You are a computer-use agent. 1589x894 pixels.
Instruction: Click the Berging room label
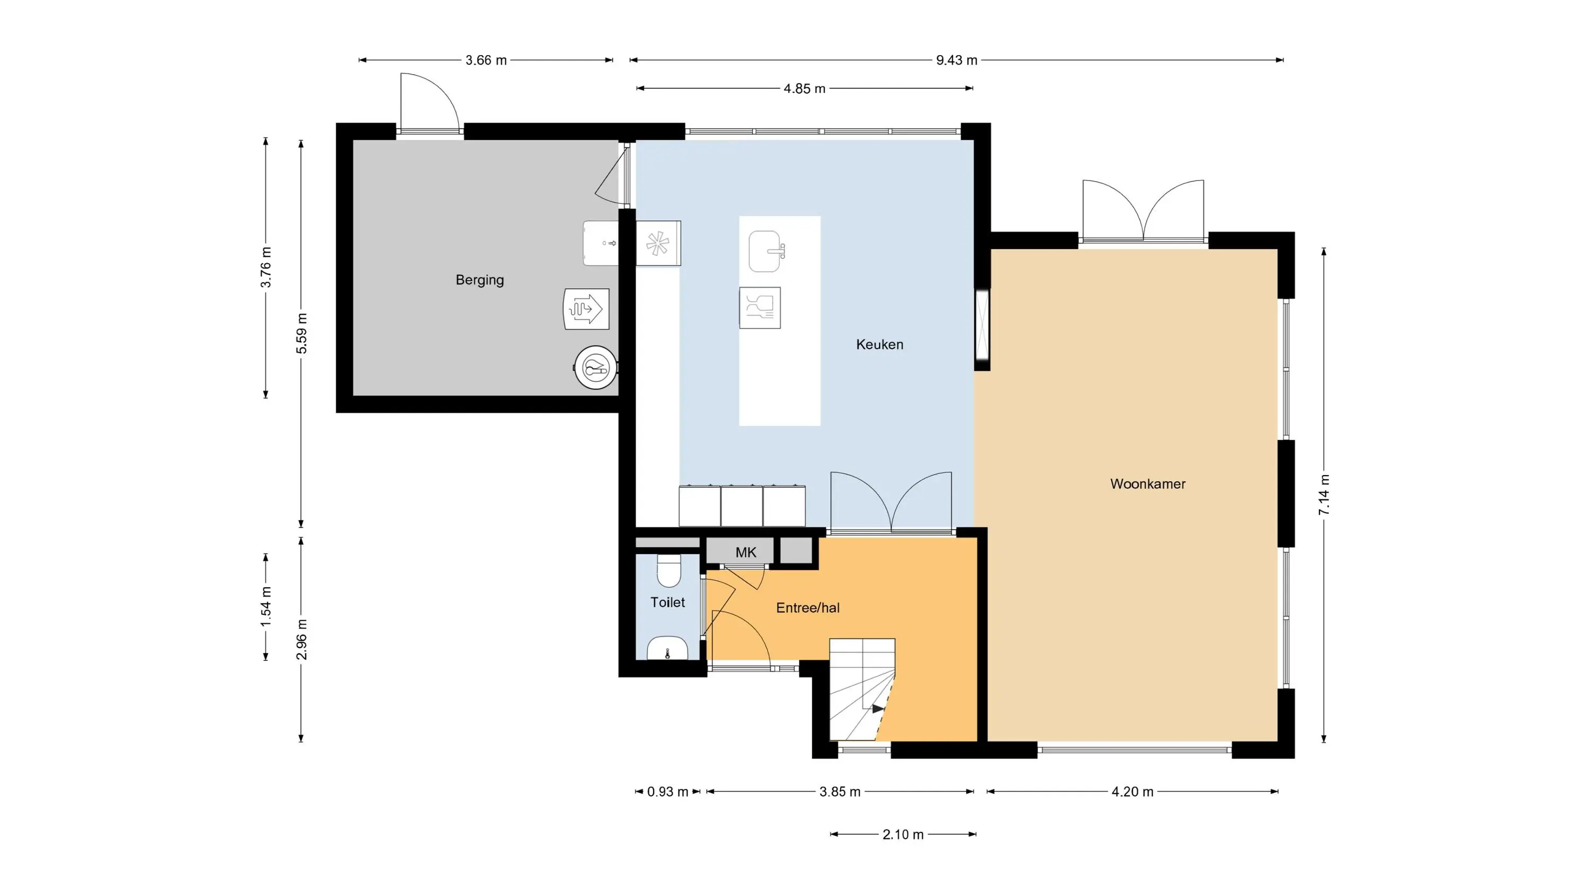(479, 280)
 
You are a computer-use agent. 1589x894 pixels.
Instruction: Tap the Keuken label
(880, 344)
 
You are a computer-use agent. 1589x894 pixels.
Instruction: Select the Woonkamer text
(1147, 484)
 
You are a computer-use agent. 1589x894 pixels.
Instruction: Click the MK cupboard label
(746, 552)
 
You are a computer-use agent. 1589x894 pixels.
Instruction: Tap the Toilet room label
(667, 602)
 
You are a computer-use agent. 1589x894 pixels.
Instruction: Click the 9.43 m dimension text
(957, 60)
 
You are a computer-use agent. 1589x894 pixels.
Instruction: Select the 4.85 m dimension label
(805, 88)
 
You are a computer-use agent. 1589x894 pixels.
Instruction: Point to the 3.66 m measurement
(486, 60)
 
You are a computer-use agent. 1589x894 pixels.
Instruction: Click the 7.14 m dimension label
(1324, 495)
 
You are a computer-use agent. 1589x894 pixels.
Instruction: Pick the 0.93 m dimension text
(667, 792)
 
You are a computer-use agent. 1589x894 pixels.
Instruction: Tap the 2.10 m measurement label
(903, 835)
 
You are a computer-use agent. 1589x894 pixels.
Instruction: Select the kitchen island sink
(766, 251)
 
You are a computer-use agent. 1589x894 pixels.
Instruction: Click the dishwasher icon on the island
(760, 307)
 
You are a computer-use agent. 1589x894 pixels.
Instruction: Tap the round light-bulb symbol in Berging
(596, 368)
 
